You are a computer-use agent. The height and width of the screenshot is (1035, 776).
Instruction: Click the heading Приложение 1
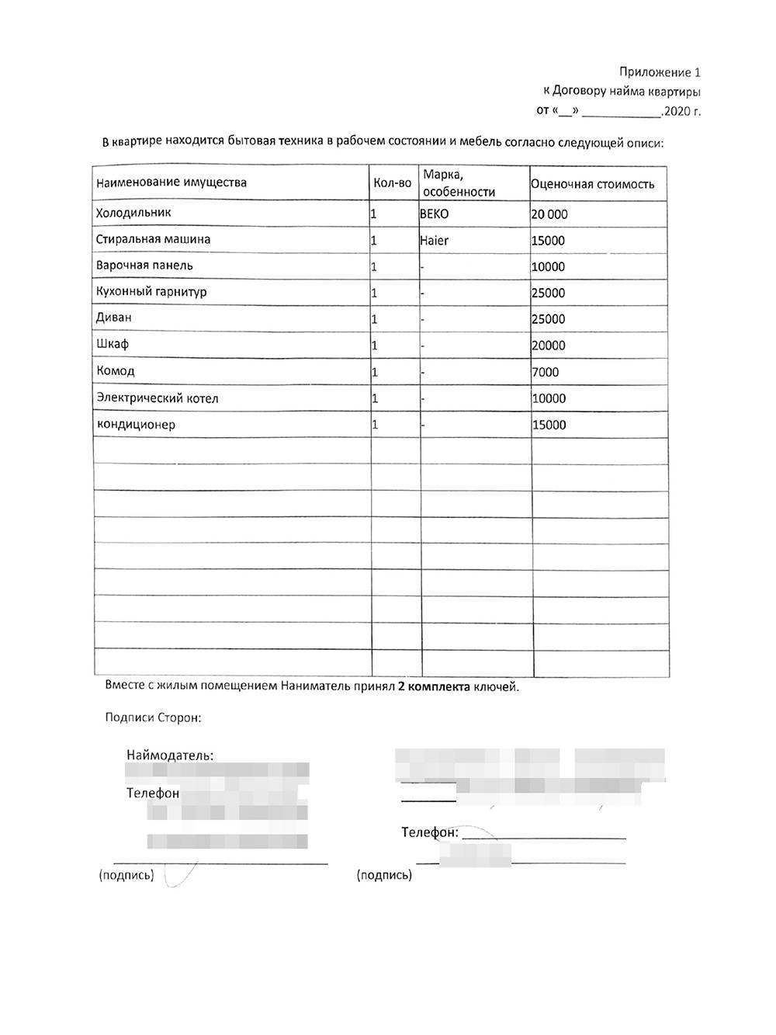click(660, 73)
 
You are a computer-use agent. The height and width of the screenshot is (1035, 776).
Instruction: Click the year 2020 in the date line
click(677, 111)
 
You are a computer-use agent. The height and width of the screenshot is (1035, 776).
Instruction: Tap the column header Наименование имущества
click(171, 183)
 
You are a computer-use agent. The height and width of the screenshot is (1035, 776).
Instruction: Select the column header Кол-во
click(393, 183)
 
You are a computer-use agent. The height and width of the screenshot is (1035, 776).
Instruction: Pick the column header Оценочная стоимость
click(593, 184)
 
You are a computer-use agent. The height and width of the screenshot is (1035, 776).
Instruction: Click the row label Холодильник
click(133, 213)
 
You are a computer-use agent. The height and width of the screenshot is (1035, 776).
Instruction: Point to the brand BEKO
click(435, 214)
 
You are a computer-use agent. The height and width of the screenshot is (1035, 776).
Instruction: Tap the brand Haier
click(435, 241)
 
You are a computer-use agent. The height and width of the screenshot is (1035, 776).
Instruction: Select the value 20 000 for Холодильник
click(549, 214)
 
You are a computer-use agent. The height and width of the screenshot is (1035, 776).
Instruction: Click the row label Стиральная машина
click(153, 239)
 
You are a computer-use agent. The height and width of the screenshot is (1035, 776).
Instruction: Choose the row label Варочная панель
click(144, 266)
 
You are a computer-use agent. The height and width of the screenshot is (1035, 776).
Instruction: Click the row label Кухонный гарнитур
click(151, 292)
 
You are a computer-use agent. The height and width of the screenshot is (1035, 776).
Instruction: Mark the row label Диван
click(114, 318)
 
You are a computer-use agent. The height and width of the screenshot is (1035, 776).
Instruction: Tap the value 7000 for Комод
click(546, 372)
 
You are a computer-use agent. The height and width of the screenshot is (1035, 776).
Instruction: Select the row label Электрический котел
click(158, 398)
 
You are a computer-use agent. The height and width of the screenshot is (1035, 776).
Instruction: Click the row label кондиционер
click(136, 425)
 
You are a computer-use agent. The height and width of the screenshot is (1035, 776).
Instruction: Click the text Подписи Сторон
click(153, 717)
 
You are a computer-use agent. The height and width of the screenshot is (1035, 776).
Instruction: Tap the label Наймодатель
click(170, 755)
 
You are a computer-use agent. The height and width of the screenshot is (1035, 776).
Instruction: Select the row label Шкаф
click(113, 344)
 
